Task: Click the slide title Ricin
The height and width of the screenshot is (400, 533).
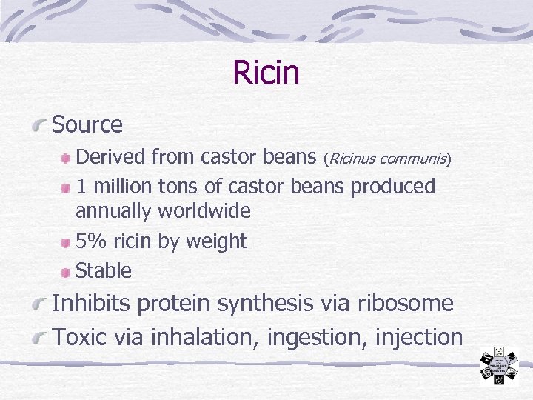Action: pyautogui.click(x=266, y=73)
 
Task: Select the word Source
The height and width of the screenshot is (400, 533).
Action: pyautogui.click(x=87, y=124)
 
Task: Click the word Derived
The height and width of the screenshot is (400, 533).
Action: pyautogui.click(x=111, y=157)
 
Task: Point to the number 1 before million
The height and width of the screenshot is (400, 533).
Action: pyautogui.click(x=81, y=187)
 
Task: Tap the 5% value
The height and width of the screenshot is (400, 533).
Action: pyautogui.click(x=91, y=241)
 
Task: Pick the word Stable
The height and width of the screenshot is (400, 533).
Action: pyautogui.click(x=104, y=271)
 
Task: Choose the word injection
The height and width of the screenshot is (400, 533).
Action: pyautogui.click(x=419, y=337)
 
